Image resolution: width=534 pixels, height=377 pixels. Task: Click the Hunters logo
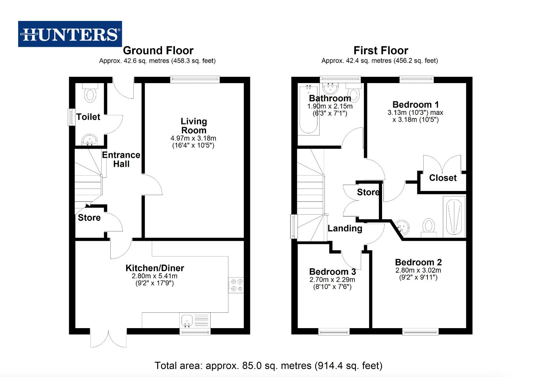pyautogui.click(x=70, y=34)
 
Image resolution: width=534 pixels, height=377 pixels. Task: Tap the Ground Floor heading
pyautogui.click(x=158, y=51)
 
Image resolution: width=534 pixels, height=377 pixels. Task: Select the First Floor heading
pyautogui.click(x=381, y=51)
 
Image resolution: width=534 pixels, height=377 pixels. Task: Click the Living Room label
pyautogui.click(x=193, y=126)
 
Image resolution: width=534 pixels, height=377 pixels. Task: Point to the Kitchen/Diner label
pyautogui.click(x=155, y=268)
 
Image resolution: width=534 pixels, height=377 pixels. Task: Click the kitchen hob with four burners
pyautogui.click(x=236, y=284)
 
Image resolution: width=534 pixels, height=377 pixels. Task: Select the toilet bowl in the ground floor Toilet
pyautogui.click(x=90, y=95)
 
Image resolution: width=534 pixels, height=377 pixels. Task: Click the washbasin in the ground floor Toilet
pyautogui.click(x=90, y=140)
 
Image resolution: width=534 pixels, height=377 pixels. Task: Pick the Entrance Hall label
pyautogui.click(x=121, y=159)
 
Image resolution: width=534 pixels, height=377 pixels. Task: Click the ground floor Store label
pyautogui.click(x=89, y=218)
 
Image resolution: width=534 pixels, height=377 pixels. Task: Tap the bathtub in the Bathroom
pyautogui.click(x=309, y=110)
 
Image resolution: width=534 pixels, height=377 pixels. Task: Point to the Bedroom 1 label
pyautogui.click(x=415, y=104)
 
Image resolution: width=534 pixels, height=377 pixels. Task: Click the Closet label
pyautogui.click(x=442, y=178)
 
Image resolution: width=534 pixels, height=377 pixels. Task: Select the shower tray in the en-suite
pyautogui.click(x=454, y=216)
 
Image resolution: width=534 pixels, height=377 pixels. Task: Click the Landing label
pyautogui.click(x=345, y=228)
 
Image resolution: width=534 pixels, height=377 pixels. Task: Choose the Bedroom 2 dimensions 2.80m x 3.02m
pyautogui.click(x=418, y=271)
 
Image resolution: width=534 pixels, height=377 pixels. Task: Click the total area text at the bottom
pyautogui.click(x=268, y=365)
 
